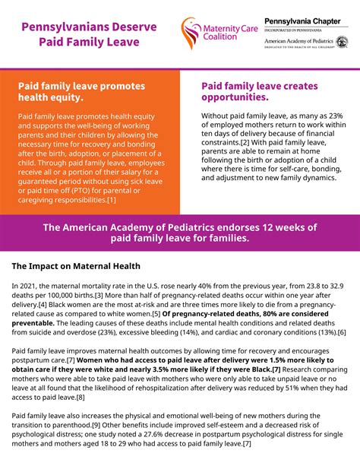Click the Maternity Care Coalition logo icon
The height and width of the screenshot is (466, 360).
pyautogui.click(x=191, y=33)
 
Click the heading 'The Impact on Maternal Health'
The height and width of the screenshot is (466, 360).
pyautogui.click(x=76, y=266)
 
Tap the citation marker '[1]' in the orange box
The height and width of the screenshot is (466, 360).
pyautogui.click(x=111, y=200)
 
